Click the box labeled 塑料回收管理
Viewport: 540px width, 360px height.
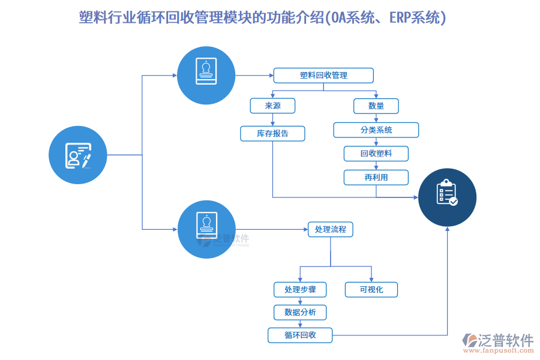[323, 75]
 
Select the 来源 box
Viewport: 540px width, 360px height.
[272, 106]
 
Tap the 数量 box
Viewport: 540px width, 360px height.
[376, 106]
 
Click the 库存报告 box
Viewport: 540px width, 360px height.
[272, 133]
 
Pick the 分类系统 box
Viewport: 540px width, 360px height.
[376, 130]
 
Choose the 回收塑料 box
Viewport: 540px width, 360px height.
[376, 154]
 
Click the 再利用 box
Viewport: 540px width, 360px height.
[376, 177]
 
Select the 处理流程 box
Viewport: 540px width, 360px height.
[331, 229]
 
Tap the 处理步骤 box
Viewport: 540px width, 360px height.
[300, 290]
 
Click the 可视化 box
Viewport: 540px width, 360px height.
[371, 290]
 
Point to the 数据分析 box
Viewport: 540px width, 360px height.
[300, 312]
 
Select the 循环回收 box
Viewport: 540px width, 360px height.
[300, 335]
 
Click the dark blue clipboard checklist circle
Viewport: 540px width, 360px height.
[447, 197]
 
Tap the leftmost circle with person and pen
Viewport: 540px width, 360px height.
[78, 155]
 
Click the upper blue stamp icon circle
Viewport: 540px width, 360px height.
[206, 75]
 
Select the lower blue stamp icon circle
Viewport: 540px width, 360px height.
[206, 229]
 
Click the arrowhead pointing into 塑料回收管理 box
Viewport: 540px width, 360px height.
[271, 75]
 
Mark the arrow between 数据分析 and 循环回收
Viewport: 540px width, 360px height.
[300, 323]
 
